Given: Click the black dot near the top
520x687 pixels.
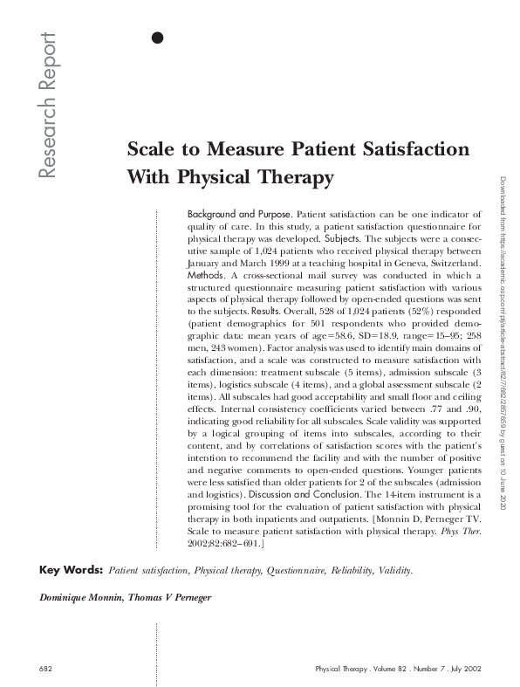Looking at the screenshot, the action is click(157, 37).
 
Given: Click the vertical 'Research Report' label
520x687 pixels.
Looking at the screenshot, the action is click(46, 106).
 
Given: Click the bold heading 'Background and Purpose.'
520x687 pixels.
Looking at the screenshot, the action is click(240, 213).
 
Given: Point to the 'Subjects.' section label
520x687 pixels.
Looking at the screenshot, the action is click(341, 237).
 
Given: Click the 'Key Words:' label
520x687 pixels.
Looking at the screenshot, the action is click(71, 571).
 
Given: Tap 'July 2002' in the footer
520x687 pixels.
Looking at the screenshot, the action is click(462, 669).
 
